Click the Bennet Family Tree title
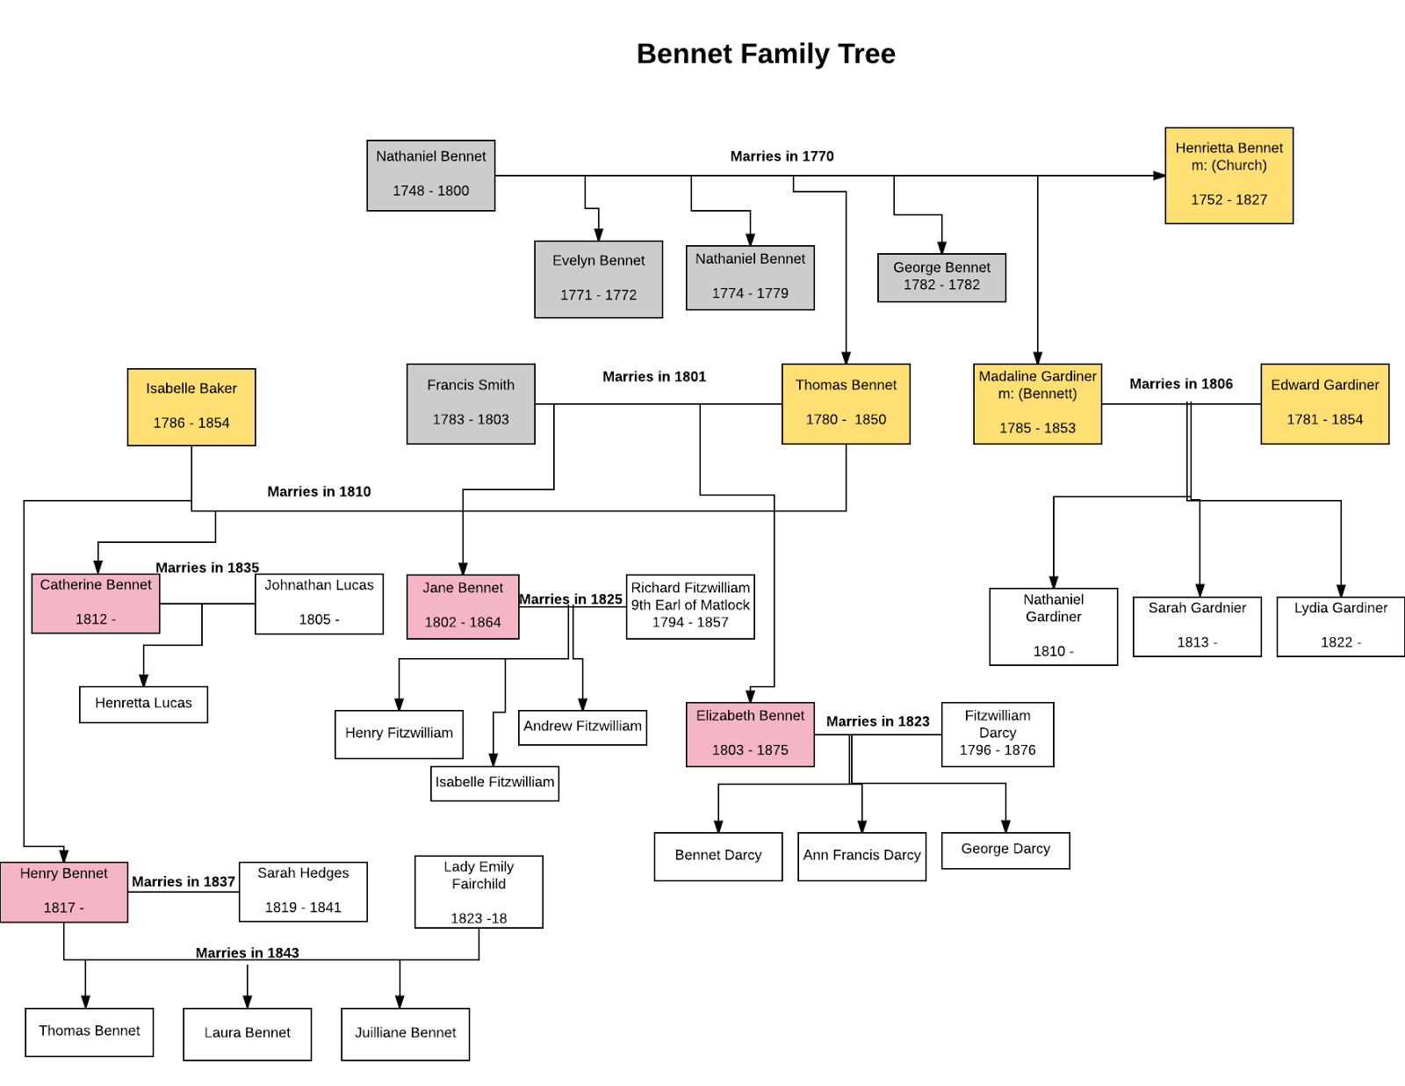click(766, 54)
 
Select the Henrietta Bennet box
click(1228, 176)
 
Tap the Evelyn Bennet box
click(598, 279)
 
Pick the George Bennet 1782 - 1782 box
click(941, 277)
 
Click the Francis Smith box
click(471, 403)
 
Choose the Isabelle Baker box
click(191, 407)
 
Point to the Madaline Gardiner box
click(1037, 403)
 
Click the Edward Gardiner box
click(1324, 403)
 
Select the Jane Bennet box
click(463, 606)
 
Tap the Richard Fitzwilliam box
click(690, 606)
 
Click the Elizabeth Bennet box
click(750, 734)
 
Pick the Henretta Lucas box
click(143, 704)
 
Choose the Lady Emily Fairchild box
click(479, 892)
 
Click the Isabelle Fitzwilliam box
click(494, 783)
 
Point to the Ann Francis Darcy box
click(861, 856)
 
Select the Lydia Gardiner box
click(1340, 626)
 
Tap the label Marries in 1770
click(782, 156)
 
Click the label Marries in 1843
click(247, 952)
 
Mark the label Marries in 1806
click(1180, 384)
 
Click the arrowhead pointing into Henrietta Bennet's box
click(1159, 176)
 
